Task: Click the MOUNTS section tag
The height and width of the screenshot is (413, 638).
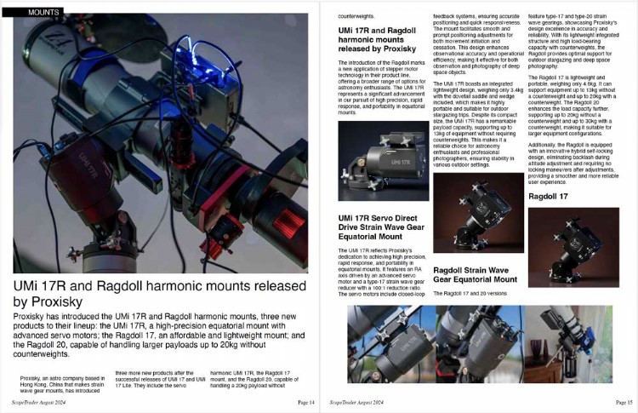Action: click(43, 12)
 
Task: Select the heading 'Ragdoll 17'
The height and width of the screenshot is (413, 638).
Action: click(549, 197)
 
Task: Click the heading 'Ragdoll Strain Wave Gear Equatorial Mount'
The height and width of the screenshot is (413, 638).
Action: click(475, 274)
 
